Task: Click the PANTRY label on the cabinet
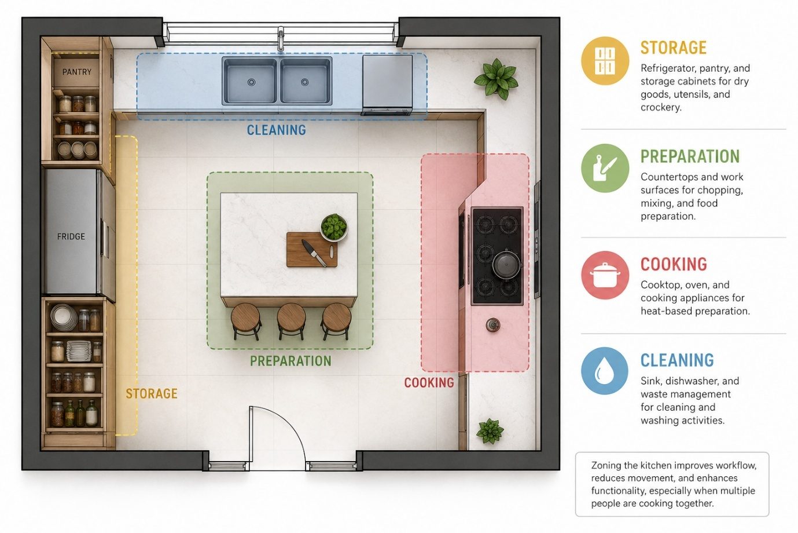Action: coord(76,72)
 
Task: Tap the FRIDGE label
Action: coord(71,236)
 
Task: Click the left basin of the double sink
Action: coord(250,81)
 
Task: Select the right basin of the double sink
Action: coord(306,81)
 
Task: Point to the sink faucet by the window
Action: coord(281,39)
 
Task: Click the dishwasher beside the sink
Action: coord(387,84)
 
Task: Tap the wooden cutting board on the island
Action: coord(311,249)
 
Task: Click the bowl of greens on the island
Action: coord(334,227)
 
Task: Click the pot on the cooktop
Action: coord(506,264)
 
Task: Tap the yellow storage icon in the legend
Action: coord(605,61)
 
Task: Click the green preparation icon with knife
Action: coord(605,168)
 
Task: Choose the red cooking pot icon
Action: coord(605,275)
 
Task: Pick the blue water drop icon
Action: coord(605,371)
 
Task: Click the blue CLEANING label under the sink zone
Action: coord(276,130)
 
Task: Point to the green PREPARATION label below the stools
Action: coord(290,361)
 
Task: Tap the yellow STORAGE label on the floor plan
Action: coord(152,393)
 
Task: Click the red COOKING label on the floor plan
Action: coord(429,383)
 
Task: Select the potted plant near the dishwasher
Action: coord(496,78)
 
